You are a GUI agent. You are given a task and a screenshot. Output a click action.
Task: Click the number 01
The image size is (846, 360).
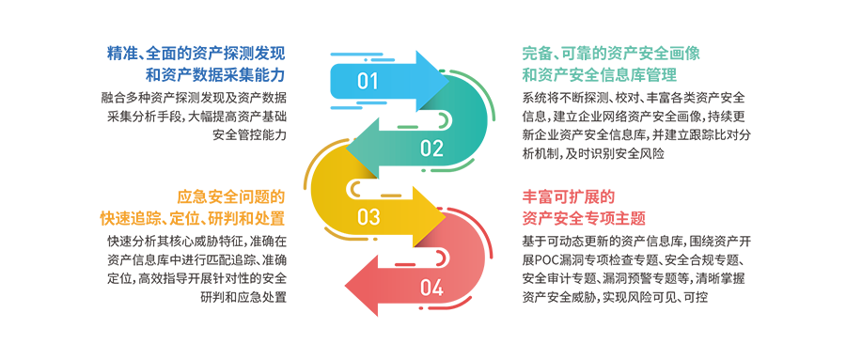368,82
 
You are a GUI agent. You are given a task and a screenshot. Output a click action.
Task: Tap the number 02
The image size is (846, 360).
431,148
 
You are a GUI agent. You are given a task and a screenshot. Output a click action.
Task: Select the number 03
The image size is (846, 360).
368,218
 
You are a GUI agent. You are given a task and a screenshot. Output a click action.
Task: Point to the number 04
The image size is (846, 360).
431,288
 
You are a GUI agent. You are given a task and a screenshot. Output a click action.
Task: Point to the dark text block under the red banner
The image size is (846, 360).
625,273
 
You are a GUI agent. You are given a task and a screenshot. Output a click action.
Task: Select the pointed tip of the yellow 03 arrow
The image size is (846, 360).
443,218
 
